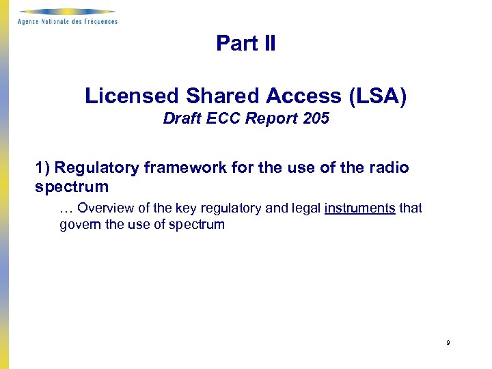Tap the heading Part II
246,44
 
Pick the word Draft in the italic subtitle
180,119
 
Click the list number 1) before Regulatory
42,168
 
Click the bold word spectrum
72,187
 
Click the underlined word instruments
360,208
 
